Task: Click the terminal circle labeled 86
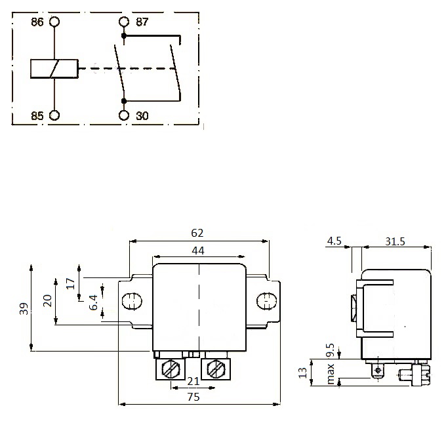54,22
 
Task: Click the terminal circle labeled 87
123,22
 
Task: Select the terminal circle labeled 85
54,115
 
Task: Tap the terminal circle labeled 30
123,115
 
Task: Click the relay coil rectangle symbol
54,68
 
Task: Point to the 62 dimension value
197,233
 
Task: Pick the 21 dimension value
193,380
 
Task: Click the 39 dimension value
23,309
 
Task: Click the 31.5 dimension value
395,241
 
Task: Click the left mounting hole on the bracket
131,302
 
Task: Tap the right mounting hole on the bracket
266,302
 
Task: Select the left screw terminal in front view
170,370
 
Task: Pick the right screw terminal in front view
215,370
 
